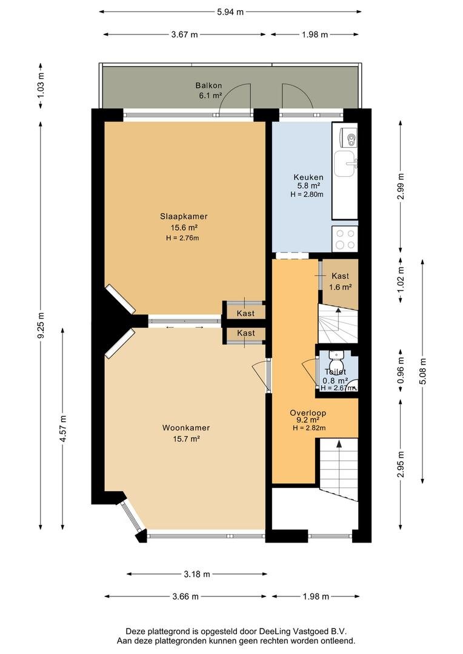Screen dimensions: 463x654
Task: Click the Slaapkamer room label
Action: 184,216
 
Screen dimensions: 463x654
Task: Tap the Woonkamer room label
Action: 186,428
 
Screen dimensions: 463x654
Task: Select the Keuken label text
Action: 308,177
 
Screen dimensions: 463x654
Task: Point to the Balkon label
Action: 208,85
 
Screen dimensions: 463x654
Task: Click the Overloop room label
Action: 308,413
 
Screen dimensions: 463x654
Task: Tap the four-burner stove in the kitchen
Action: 345,239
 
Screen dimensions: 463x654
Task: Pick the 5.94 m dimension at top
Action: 230,12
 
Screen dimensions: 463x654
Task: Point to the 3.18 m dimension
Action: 197,574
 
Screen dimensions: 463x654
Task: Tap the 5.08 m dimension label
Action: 423,372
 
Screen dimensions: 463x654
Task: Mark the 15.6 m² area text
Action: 184,228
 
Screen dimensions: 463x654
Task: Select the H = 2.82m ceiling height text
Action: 309,428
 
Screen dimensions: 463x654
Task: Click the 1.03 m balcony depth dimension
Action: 41,85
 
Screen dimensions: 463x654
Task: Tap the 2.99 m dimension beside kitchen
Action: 401,186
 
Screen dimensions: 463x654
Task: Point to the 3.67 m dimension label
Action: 184,35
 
